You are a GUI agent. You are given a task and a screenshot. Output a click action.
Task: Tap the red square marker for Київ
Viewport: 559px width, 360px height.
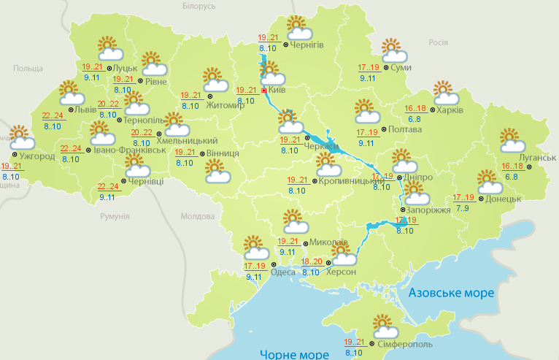[264, 91]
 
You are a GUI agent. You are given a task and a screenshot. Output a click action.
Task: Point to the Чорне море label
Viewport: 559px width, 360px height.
[293, 353]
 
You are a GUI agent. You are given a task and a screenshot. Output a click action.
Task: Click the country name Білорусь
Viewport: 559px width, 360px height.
[199, 6]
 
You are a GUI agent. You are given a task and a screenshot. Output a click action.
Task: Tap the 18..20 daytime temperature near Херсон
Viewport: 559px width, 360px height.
[312, 261]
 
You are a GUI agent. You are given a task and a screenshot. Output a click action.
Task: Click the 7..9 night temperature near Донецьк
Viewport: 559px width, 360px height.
[463, 208]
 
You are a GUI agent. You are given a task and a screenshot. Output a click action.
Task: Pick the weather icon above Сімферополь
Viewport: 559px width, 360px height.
[385, 325]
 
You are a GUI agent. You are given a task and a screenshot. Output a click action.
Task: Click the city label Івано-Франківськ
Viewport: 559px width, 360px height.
[128, 150]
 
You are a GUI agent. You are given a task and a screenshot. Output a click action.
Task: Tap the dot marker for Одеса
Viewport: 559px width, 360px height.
[275, 263]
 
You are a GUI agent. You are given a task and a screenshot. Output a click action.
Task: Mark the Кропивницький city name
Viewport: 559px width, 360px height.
[347, 180]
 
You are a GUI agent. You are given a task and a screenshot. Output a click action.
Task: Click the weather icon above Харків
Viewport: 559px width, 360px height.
[446, 93]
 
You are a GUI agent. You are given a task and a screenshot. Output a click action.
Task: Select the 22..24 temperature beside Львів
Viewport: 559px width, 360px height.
[53, 115]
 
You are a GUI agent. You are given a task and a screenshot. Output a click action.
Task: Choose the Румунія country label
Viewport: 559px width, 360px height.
[115, 217]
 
